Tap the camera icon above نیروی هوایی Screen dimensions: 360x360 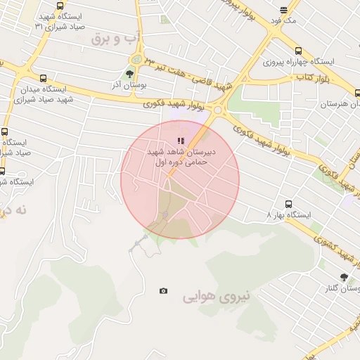pos(164,291)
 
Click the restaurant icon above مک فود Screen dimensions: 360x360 pos(283,11)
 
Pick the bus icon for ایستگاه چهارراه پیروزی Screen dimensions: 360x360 pos(298,51)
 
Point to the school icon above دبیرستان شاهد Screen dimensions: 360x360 pos(181,141)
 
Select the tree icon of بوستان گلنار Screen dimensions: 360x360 pos(343,278)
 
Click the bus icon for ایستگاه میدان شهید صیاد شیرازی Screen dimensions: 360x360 pos(44,79)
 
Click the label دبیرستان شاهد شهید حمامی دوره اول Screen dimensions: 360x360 pos(181,156)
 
